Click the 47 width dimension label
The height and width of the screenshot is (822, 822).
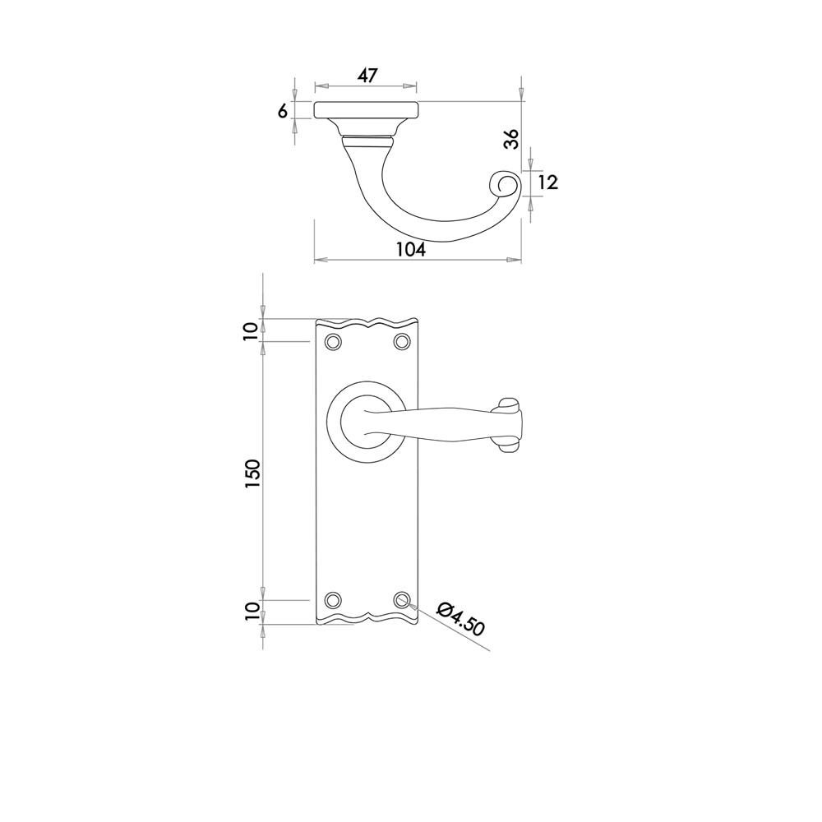coord(367,75)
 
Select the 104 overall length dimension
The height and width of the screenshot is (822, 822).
coord(411,250)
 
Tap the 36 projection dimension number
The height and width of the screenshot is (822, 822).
coord(511,138)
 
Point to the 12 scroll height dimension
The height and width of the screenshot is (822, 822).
coord(547,182)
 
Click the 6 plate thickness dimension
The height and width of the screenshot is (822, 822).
coord(283,111)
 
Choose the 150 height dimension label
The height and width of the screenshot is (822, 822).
coord(252,474)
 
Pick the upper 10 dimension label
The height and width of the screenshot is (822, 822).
coord(251,331)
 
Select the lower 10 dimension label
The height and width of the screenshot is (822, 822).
coord(252,612)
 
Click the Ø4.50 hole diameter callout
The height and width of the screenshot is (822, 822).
coord(461,619)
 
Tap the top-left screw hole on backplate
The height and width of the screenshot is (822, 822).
coord(332,342)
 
